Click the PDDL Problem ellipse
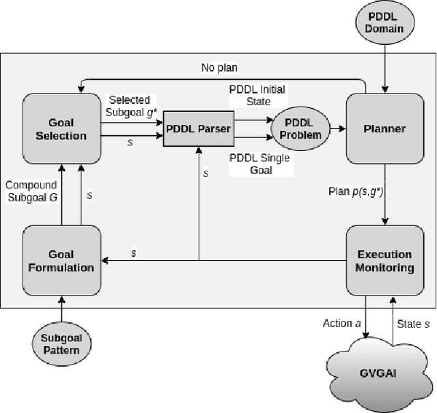pos(300,128)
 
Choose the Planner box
pos(385,128)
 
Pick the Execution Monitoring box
pos(385,260)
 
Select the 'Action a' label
pos(342,322)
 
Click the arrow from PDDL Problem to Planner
pos(337,128)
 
